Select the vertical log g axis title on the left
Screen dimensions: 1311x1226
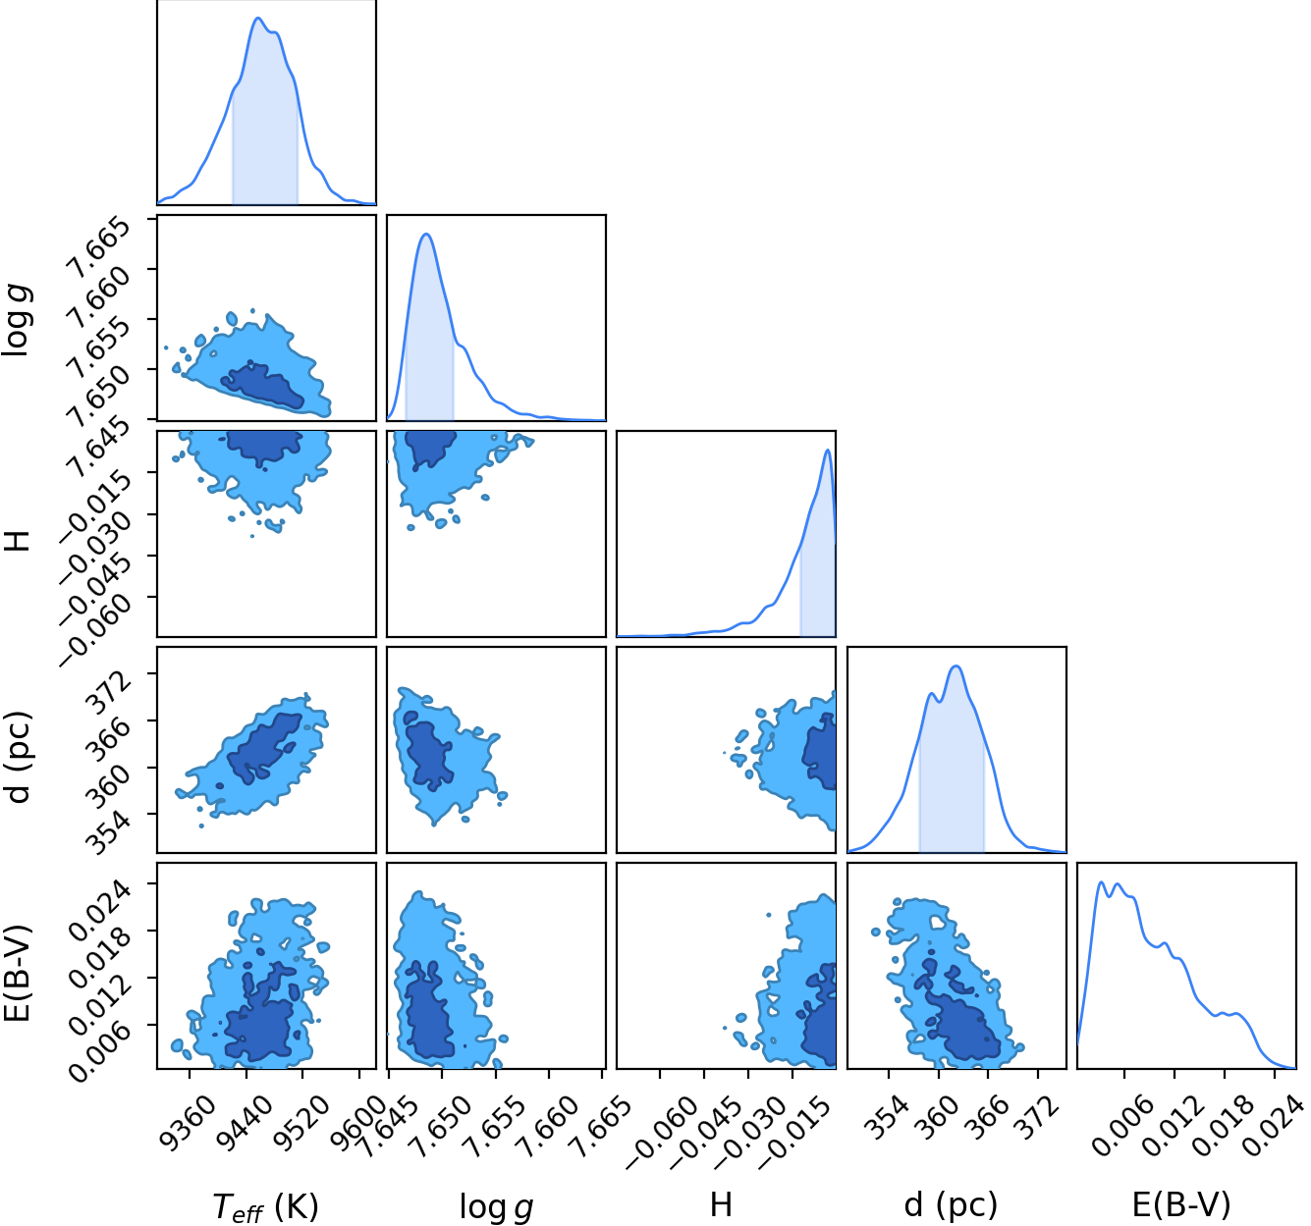[x=17, y=321]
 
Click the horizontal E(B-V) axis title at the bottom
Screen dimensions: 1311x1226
[x=1181, y=1204]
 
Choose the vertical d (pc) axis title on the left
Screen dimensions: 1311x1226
[x=19, y=758]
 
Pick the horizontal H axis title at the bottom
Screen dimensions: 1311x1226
[x=721, y=1204]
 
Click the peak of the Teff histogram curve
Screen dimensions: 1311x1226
[x=258, y=18]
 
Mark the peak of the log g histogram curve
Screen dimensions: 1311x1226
[x=426, y=234]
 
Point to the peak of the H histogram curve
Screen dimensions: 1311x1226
[x=828, y=450]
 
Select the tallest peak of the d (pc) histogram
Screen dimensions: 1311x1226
[x=956, y=666]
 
